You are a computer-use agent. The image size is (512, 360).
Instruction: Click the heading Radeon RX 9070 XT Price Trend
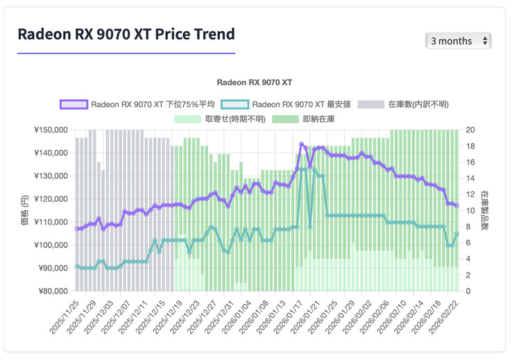(126, 34)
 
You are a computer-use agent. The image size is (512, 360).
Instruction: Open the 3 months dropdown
(458, 41)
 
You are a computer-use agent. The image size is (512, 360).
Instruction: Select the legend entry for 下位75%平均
(137, 104)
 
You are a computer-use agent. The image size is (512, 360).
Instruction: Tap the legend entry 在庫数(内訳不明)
(405, 104)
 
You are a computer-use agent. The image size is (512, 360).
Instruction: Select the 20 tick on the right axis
(470, 130)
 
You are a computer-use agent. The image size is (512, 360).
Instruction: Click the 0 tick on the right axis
(468, 291)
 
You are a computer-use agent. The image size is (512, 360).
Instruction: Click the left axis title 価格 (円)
(24, 210)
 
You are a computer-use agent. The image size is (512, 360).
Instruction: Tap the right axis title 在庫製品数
(485, 210)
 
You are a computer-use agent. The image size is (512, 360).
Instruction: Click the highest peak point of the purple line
(301, 144)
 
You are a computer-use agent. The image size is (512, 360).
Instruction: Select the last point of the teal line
(456, 234)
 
